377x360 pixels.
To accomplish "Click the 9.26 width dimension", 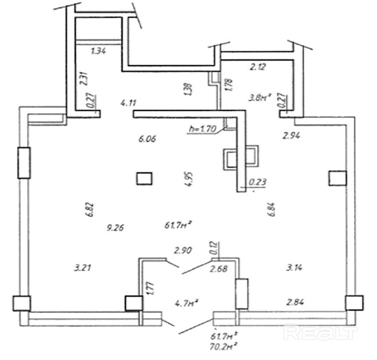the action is tap(115, 228).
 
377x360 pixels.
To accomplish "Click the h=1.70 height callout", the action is tap(203, 129).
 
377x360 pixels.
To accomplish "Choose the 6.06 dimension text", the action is tap(147, 139).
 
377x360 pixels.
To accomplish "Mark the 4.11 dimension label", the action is tap(130, 102).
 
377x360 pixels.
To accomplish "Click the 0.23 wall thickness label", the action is tap(257, 182).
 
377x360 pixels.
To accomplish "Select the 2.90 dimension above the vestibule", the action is tap(183, 249).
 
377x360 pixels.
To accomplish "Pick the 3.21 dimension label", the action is tap(83, 267).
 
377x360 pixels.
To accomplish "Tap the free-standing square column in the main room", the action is tap(144, 179).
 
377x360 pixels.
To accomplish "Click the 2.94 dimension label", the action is tap(292, 136).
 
